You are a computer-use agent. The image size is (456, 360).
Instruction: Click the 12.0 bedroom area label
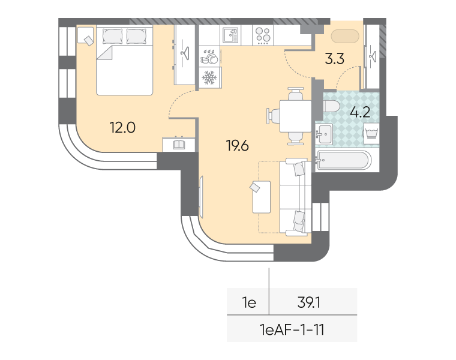coord(122,127)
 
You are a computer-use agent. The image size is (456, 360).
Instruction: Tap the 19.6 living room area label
coord(237,145)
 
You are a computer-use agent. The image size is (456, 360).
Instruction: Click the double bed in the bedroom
coord(125,60)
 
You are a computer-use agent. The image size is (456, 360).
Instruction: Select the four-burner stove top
coord(263,35)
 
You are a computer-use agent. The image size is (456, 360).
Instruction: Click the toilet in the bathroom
coord(329,107)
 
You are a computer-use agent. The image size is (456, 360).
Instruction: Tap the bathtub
coord(344,161)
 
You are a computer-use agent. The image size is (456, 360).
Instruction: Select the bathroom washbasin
coord(326,133)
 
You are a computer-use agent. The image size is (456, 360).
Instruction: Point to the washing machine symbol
coord(371,133)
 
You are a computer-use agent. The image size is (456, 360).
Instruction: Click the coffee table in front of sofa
coord(261,197)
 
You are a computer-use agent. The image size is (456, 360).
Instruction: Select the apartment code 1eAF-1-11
coord(293,329)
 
